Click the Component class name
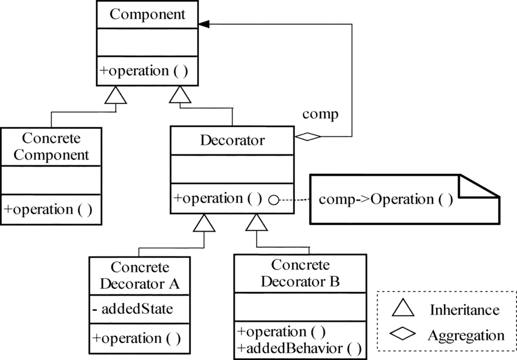point(148,14)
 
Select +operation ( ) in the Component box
point(143,70)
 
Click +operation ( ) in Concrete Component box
point(48,209)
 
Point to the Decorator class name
point(232,141)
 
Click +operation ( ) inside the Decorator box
point(218,198)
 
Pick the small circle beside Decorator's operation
point(274,199)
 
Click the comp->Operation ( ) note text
point(386,199)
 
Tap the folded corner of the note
point(479,187)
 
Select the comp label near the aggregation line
point(320,114)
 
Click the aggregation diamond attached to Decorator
point(308,137)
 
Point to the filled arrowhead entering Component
point(205,24)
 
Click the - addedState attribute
point(133,309)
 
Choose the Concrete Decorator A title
point(139,275)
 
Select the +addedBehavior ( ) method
point(300,348)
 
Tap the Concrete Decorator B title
point(300,274)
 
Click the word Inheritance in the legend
point(465,310)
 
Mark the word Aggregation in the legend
point(466,335)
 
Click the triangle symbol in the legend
point(403,309)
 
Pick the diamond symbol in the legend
point(404,334)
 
